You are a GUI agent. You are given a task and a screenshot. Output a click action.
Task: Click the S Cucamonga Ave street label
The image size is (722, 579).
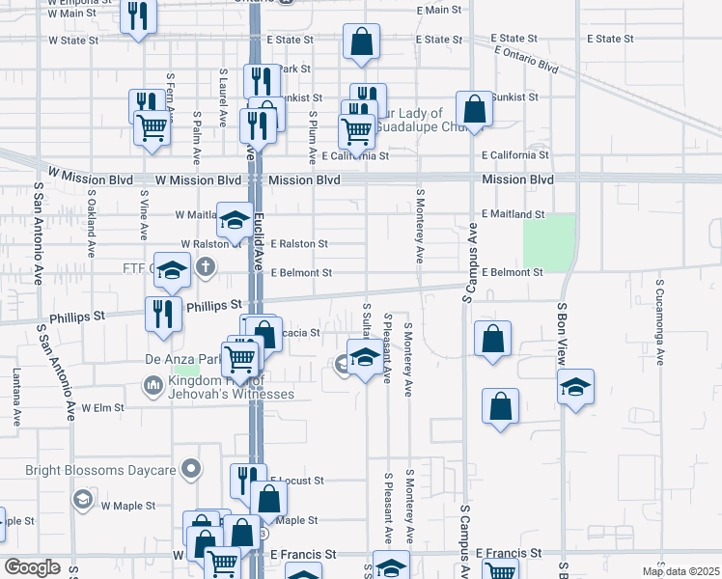point(660,323)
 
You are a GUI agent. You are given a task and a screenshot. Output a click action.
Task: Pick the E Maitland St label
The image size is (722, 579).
point(514,214)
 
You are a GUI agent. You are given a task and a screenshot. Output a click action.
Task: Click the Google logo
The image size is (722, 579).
point(32,567)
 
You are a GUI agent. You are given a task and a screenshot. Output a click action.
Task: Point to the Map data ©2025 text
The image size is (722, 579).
point(680,571)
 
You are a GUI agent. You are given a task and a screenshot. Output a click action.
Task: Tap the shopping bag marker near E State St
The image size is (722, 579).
point(361,42)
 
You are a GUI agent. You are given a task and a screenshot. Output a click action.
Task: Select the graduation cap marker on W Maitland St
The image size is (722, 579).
point(234,219)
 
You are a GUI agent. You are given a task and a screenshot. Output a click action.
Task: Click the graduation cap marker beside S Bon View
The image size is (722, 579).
point(575,388)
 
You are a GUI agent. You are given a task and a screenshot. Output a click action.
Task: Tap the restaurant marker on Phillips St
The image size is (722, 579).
point(163,313)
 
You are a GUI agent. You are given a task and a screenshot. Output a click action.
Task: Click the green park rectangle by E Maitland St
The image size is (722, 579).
point(548,242)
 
